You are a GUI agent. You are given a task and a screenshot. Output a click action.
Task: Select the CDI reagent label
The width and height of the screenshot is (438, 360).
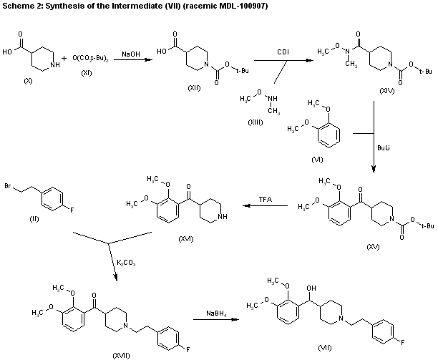[283, 51]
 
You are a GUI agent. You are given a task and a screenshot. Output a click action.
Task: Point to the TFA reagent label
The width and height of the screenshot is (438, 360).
[264, 198]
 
